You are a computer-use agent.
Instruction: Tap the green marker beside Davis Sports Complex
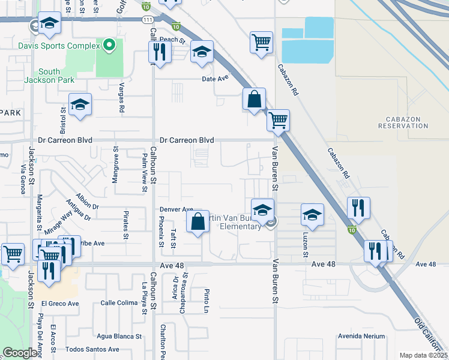click(109, 45)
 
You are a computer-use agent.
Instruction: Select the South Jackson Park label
click(50, 76)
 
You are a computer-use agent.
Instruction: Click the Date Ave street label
click(215, 79)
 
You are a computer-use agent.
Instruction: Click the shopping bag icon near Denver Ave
click(198, 223)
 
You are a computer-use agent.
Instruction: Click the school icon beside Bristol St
click(80, 106)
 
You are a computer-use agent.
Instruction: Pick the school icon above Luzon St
click(312, 214)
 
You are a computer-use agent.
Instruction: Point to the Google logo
click(20, 353)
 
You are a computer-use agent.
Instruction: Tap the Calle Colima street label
click(119, 303)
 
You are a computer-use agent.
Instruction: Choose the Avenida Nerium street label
click(360, 336)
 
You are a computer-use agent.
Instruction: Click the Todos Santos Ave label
click(92, 349)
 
